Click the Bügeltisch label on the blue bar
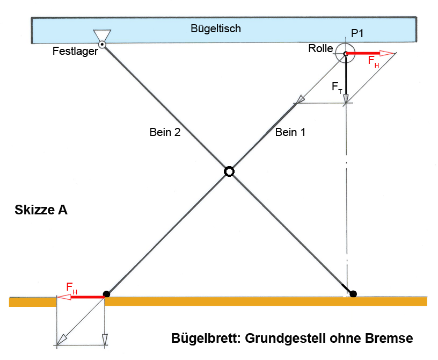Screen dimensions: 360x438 pyautogui.click(x=216, y=28)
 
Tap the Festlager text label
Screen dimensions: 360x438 pyautogui.click(x=75, y=52)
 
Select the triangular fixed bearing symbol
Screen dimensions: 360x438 pyautogui.click(x=102, y=35)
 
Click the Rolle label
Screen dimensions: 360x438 pyautogui.click(x=320, y=49)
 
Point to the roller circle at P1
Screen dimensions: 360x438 pyautogui.click(x=346, y=53)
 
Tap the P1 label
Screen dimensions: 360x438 pyautogui.click(x=357, y=34)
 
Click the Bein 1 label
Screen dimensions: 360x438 pyautogui.click(x=290, y=133)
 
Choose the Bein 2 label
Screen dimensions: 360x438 pyautogui.click(x=165, y=133)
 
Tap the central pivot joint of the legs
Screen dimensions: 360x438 pyautogui.click(x=229, y=171)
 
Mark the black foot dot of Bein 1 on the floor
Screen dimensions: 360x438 pyautogui.click(x=106, y=294)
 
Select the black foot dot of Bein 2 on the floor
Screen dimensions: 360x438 pyautogui.click(x=353, y=293)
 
